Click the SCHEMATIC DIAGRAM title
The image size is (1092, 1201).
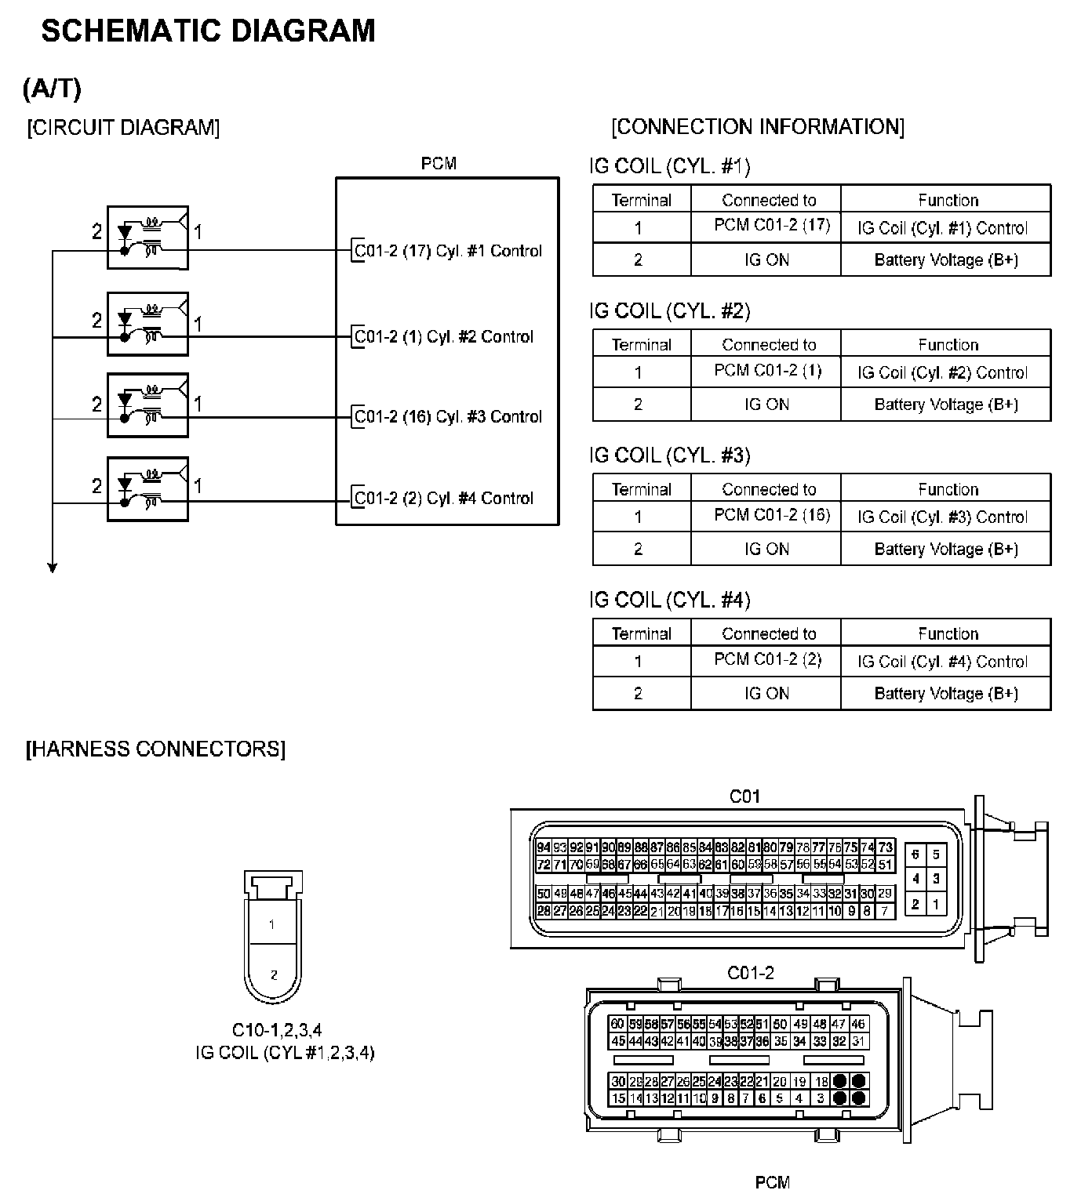[x=208, y=31]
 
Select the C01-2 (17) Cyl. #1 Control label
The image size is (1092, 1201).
[x=448, y=251]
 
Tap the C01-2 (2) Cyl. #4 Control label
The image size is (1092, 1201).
[x=443, y=498]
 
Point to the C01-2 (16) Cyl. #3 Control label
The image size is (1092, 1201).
[x=448, y=416]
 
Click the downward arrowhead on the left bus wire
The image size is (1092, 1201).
[x=53, y=568]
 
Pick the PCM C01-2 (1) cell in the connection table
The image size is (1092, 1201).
[x=767, y=370]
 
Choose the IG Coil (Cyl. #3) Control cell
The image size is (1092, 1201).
[x=942, y=517]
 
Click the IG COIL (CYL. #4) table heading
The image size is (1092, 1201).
[x=670, y=600]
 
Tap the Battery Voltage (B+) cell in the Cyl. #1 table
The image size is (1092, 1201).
[x=946, y=260]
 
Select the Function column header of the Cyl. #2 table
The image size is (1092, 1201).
[x=948, y=345]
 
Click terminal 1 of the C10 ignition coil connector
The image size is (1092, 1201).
[x=272, y=925]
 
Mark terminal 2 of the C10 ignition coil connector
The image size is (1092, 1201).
[x=273, y=975]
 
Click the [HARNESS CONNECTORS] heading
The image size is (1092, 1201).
[x=156, y=749]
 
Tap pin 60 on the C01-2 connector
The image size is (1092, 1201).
[x=617, y=1024]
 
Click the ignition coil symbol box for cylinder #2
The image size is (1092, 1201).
[x=147, y=324]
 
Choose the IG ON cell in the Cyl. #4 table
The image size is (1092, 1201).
[x=766, y=694]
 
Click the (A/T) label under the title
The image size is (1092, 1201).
[x=52, y=89]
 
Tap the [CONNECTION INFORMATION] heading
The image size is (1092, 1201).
[x=757, y=127]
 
